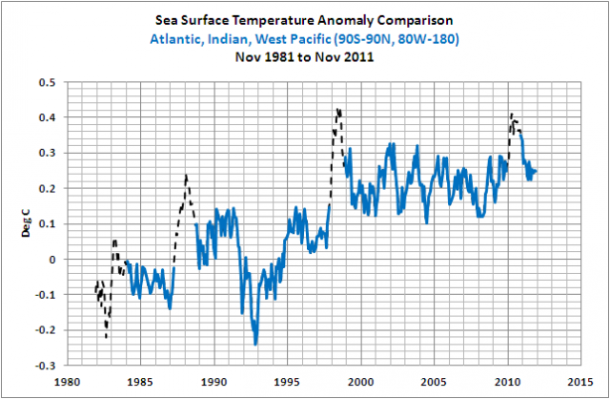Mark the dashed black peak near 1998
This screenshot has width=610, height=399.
[337, 111]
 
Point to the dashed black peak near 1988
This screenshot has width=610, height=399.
[186, 176]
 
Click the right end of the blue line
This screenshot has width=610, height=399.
[537, 171]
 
